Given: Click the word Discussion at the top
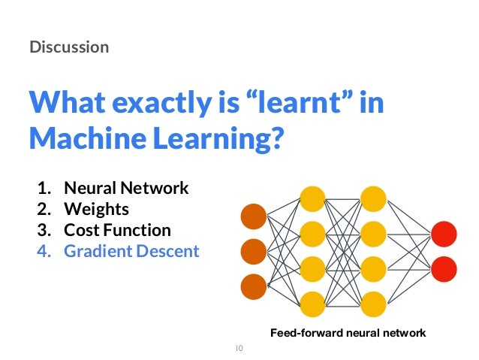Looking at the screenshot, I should click(69, 47).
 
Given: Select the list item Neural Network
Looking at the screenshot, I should click(125, 188).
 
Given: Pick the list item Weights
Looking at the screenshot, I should click(96, 209).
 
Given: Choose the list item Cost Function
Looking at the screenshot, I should click(117, 230).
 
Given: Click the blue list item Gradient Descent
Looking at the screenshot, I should click(131, 251).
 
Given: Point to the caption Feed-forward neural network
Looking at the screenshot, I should click(348, 332).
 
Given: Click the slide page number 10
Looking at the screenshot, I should click(239, 348).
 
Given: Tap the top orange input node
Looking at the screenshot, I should click(254, 216).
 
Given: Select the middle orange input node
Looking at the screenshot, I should click(254, 251).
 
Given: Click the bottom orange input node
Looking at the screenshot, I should click(254, 286).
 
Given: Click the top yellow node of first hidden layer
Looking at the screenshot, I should click(312, 199).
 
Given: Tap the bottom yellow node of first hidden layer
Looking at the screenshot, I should click(312, 303).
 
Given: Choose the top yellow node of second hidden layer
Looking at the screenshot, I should click(373, 199).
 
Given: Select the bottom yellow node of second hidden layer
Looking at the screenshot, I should click(373, 303).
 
